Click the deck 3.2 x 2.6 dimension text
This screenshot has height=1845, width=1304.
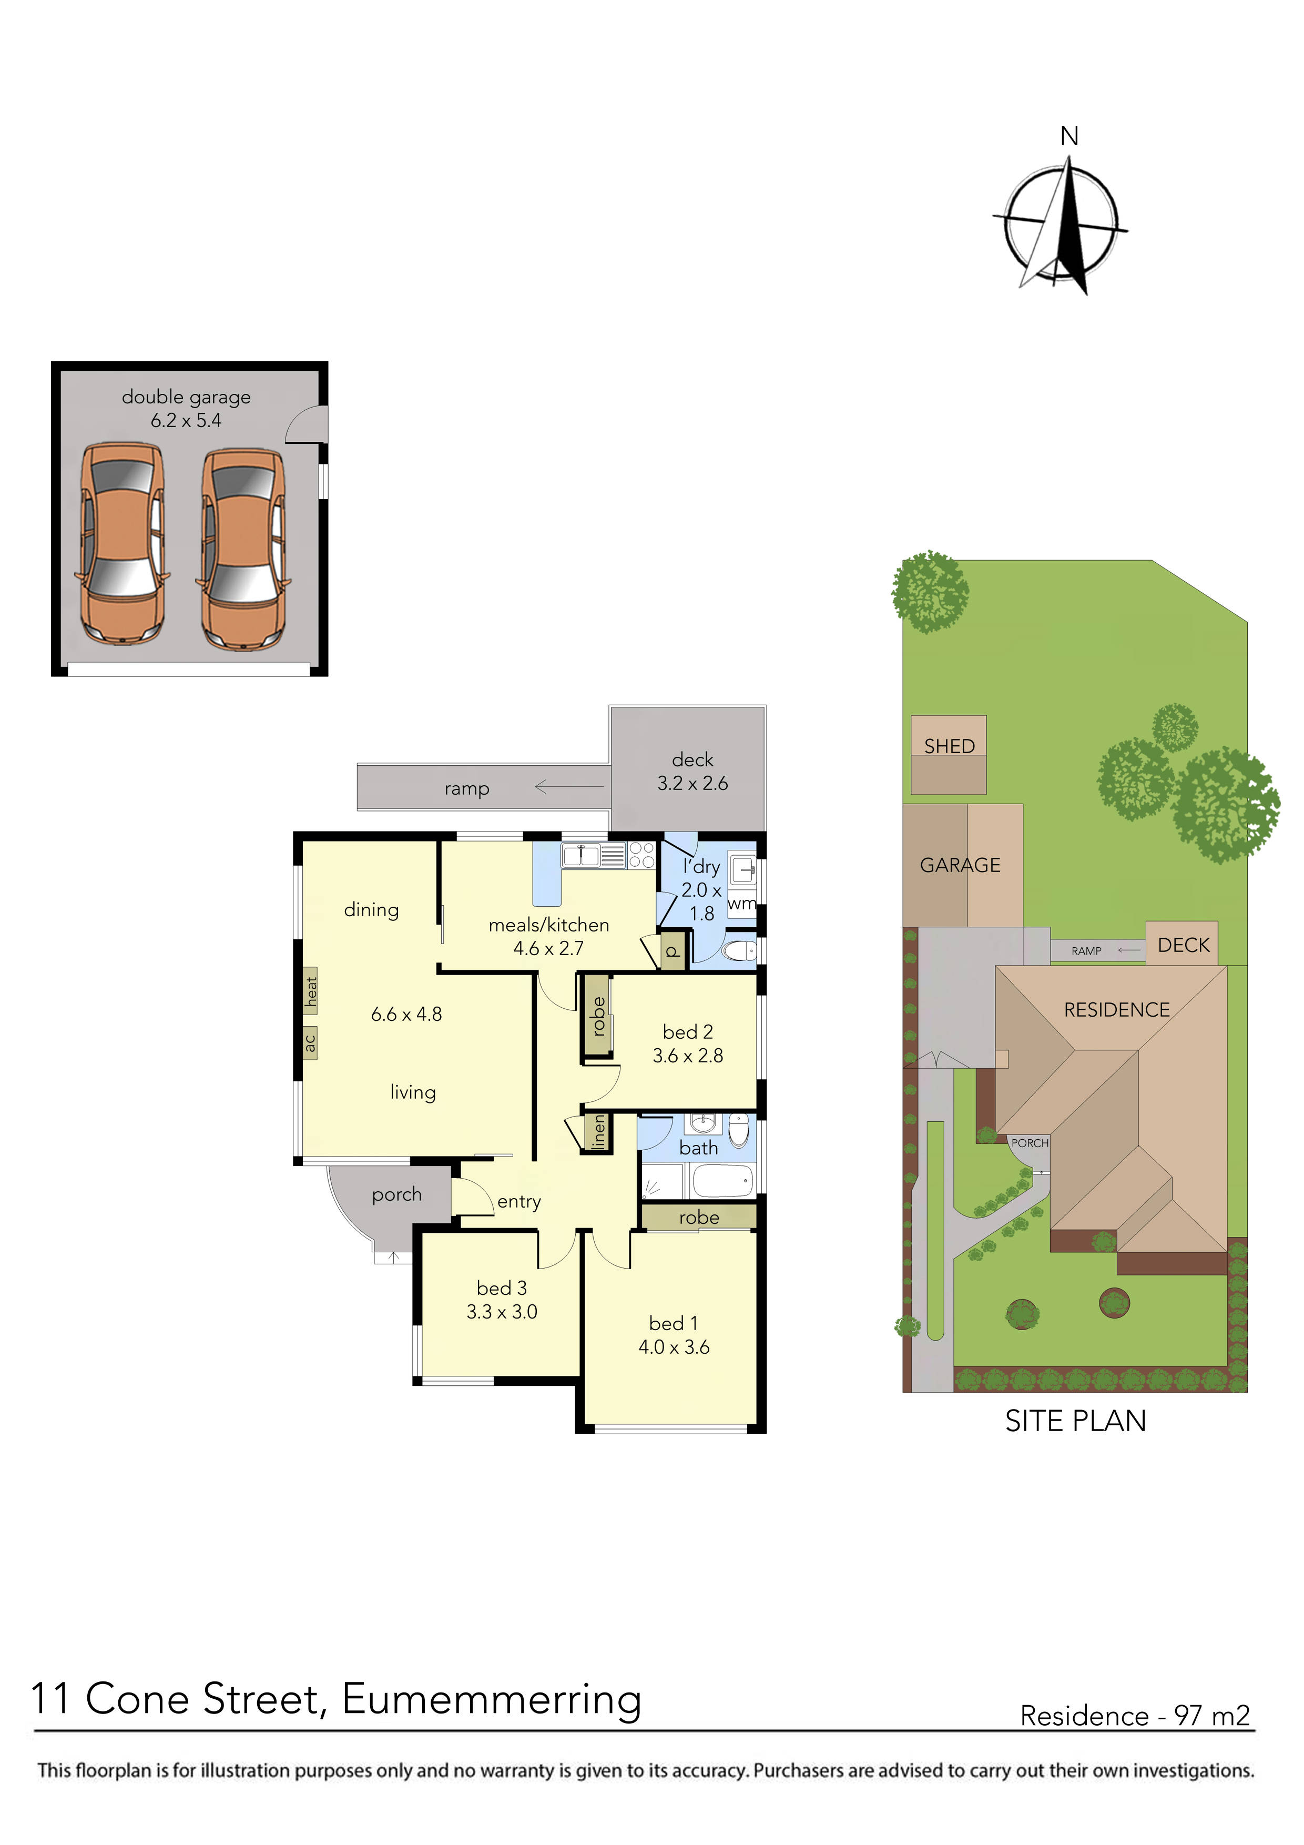point(692,784)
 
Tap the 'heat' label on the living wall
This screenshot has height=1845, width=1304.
point(311,991)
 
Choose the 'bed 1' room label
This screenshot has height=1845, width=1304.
point(673,1323)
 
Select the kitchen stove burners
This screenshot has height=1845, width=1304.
point(641,855)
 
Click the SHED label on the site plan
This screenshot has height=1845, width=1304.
point(949,746)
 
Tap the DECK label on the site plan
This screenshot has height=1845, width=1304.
point(1183,945)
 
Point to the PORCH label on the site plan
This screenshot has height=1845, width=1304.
point(1029,1143)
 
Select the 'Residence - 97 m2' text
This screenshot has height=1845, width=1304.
point(1135,1716)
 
